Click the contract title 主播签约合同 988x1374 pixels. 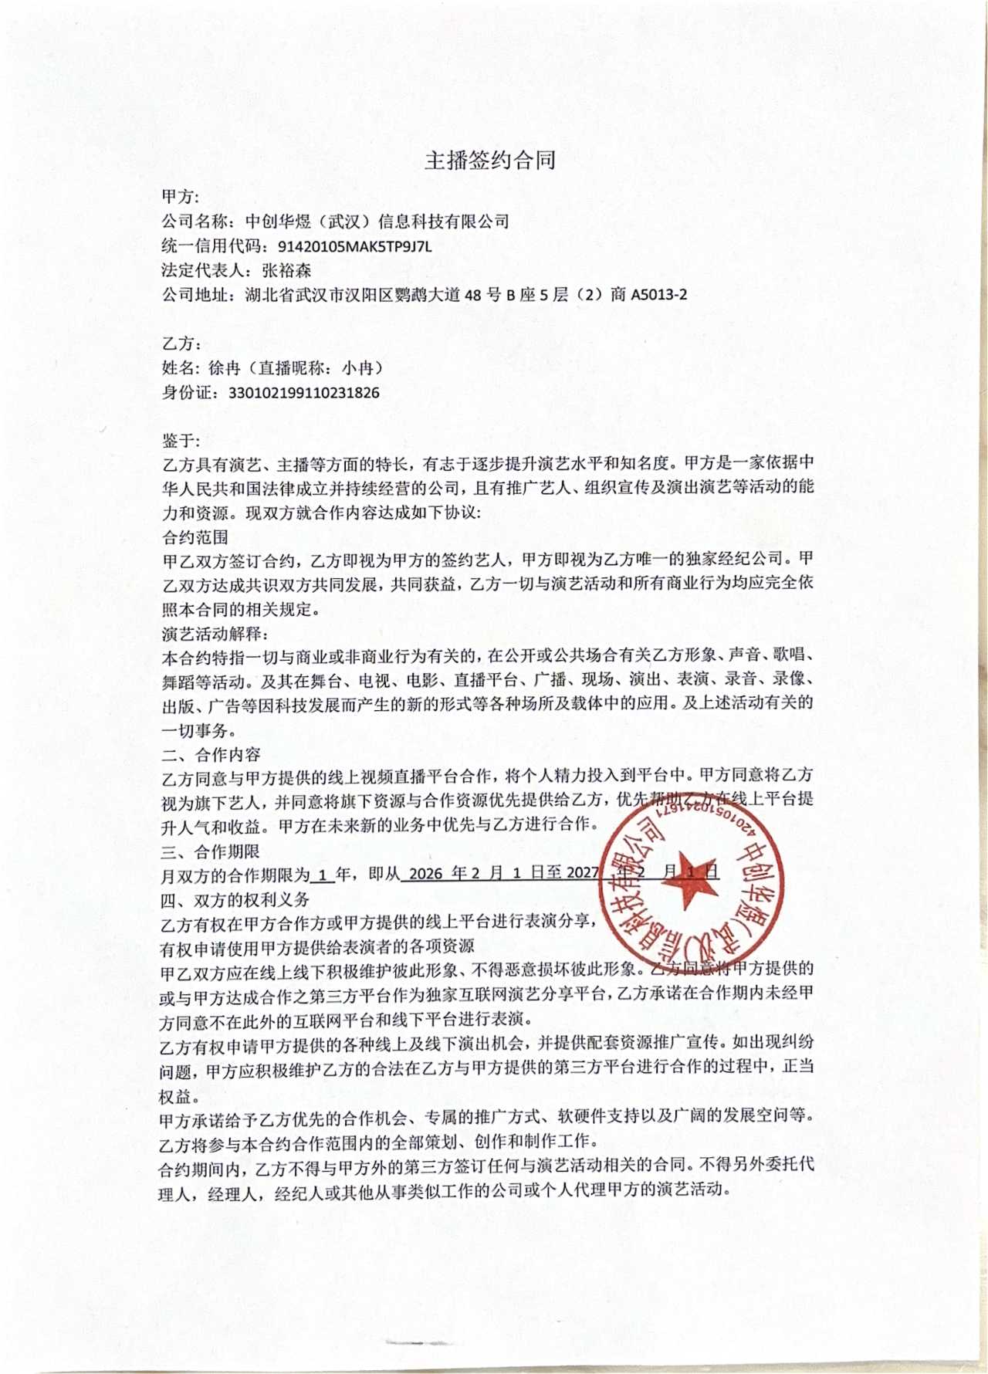click(490, 161)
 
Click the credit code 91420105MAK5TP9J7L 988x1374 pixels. click(354, 247)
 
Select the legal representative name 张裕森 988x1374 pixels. click(287, 271)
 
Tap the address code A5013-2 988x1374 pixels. click(658, 295)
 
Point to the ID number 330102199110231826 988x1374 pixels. click(304, 393)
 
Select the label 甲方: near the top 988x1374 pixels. click(181, 197)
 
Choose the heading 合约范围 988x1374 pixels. click(195, 537)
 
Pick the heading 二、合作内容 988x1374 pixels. click(211, 754)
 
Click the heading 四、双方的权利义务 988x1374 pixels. click(235, 899)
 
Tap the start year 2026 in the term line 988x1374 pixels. click(426, 874)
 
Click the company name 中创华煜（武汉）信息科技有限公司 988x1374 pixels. click(377, 222)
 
